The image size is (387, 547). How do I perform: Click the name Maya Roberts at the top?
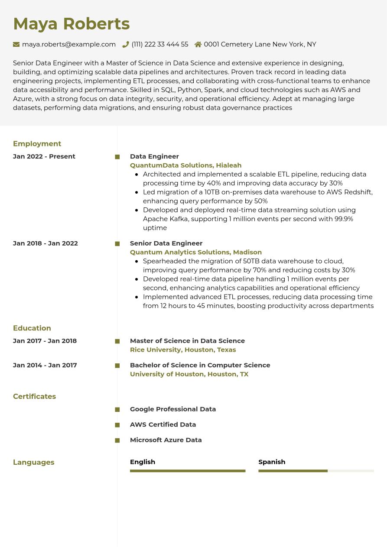click(x=71, y=24)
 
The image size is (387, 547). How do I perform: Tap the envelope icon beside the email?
click(x=16, y=44)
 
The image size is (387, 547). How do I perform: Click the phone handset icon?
click(x=126, y=44)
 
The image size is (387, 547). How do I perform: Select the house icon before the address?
click(x=198, y=44)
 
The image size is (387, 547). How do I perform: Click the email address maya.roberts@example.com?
click(x=69, y=44)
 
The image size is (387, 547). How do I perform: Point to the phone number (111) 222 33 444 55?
click(x=160, y=44)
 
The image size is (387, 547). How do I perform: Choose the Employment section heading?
click(x=37, y=144)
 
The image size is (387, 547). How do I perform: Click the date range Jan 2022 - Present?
click(x=44, y=156)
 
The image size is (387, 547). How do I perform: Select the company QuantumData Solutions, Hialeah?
click(x=185, y=165)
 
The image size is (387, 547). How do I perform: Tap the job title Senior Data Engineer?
click(x=166, y=243)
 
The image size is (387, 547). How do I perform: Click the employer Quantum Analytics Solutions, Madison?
click(x=196, y=252)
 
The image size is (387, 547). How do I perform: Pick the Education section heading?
click(x=32, y=328)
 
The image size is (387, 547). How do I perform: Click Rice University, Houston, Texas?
click(x=183, y=350)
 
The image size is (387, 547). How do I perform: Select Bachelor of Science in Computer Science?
click(x=200, y=365)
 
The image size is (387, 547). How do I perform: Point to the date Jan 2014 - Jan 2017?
click(x=45, y=365)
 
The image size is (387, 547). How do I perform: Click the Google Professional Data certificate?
click(x=173, y=409)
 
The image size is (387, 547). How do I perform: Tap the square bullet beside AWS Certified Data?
click(x=117, y=425)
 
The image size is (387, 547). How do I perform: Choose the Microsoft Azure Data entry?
click(x=166, y=440)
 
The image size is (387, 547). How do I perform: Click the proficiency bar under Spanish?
click(x=316, y=471)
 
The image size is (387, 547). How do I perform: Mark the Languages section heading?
click(x=33, y=462)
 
